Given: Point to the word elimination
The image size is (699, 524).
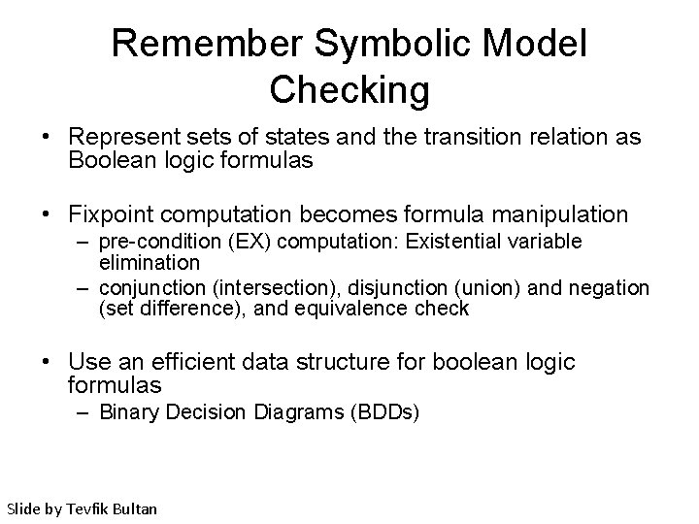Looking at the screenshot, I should click(149, 262).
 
